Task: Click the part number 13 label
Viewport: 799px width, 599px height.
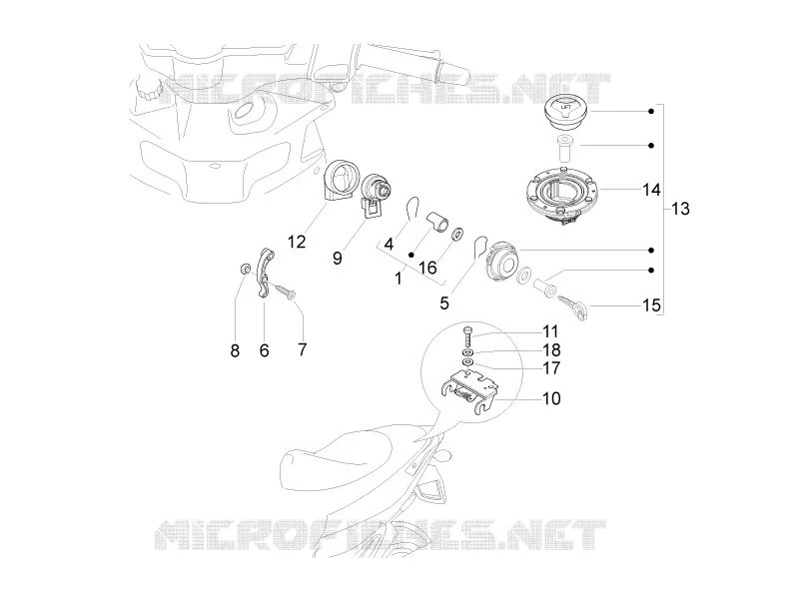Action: pyautogui.click(x=680, y=209)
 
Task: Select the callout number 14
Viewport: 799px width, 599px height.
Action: pyautogui.click(x=651, y=190)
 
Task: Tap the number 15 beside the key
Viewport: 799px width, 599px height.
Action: pyautogui.click(x=651, y=305)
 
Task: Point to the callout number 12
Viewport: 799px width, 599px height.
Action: pyautogui.click(x=297, y=242)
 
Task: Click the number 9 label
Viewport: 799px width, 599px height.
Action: pyautogui.click(x=338, y=258)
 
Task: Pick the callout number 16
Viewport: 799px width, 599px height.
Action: pyautogui.click(x=427, y=267)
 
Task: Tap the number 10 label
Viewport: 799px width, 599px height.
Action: pyautogui.click(x=551, y=397)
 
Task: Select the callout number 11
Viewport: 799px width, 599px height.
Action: pyautogui.click(x=550, y=331)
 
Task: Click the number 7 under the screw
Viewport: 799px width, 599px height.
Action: pyautogui.click(x=303, y=349)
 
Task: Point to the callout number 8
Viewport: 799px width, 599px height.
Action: pyautogui.click(x=235, y=350)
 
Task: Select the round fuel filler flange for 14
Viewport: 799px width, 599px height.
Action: pyautogui.click(x=562, y=194)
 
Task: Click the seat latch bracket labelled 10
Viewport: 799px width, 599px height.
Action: pyautogui.click(x=468, y=391)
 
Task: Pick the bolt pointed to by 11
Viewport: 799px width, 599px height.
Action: pyautogui.click(x=468, y=336)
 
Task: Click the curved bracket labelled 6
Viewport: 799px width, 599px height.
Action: pyautogui.click(x=263, y=273)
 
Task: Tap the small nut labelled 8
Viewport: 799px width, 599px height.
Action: pyautogui.click(x=245, y=269)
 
